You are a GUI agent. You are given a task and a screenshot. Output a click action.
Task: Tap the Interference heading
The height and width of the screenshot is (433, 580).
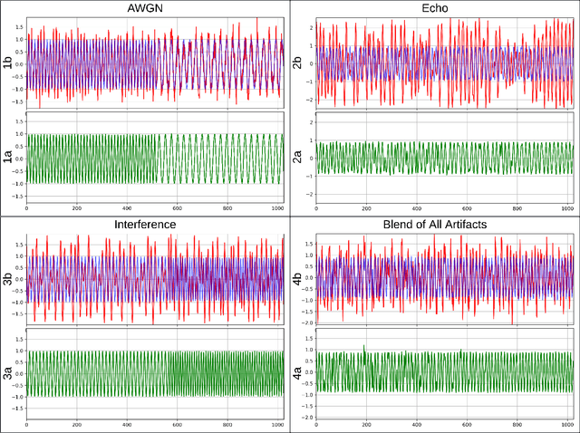150,224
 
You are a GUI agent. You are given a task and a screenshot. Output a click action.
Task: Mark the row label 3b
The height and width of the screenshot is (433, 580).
8,277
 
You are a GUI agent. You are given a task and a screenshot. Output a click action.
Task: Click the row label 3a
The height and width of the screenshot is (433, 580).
8,374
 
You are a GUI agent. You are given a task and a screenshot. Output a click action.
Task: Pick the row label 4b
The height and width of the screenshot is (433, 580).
295,277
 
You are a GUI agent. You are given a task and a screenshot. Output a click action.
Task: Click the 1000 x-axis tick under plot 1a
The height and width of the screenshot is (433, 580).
277,210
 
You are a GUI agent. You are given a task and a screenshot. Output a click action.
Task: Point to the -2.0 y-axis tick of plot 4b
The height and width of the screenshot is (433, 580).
305,322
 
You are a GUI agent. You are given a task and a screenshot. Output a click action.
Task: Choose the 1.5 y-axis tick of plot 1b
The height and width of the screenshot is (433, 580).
17,28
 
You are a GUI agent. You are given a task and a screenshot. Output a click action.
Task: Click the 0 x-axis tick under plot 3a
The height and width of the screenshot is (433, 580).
26,426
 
